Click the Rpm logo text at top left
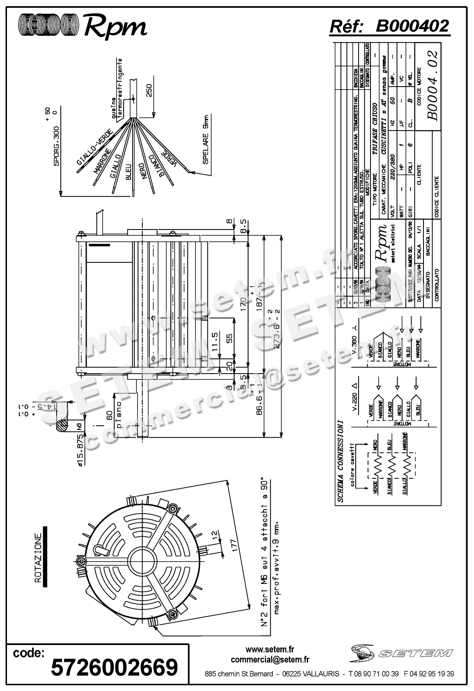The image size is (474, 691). pos(115,28)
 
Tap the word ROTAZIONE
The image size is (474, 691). pos(38,558)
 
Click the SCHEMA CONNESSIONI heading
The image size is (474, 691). pos(341,461)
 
